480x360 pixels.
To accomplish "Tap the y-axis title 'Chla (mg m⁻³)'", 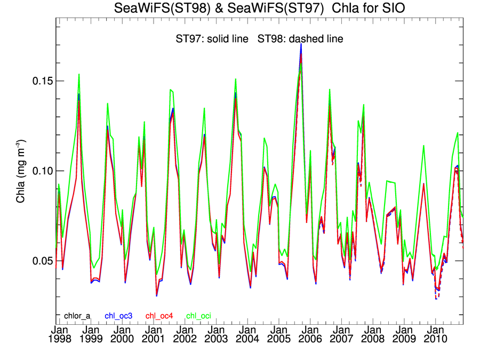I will tap(20, 171).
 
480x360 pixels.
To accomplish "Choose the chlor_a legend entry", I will tap(77, 316).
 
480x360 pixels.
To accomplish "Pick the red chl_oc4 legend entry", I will tap(159, 316).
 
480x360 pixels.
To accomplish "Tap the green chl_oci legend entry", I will tap(198, 316).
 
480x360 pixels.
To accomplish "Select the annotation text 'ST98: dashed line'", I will tap(300, 39).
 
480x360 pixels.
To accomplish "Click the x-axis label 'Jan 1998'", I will tap(59, 334).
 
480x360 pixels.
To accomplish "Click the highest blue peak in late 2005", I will tap(301, 44).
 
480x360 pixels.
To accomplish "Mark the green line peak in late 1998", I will tap(79, 75).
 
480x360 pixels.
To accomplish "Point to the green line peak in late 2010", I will tap(458, 133).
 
